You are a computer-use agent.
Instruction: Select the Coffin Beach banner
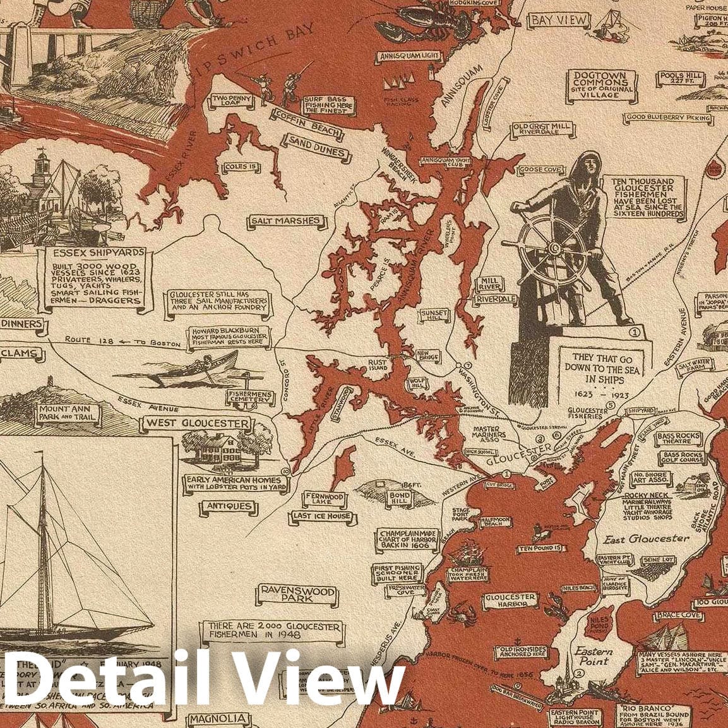click(307, 124)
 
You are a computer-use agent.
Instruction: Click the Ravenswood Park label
click(297, 594)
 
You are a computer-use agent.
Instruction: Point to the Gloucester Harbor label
click(510, 601)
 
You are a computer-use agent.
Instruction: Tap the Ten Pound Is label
click(540, 548)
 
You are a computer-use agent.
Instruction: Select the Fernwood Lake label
click(325, 500)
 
